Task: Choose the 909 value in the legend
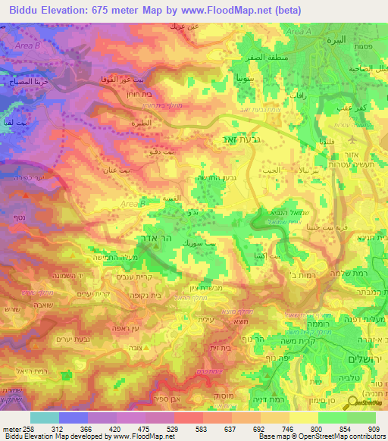click(374, 428)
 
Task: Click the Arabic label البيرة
click(334, 40)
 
